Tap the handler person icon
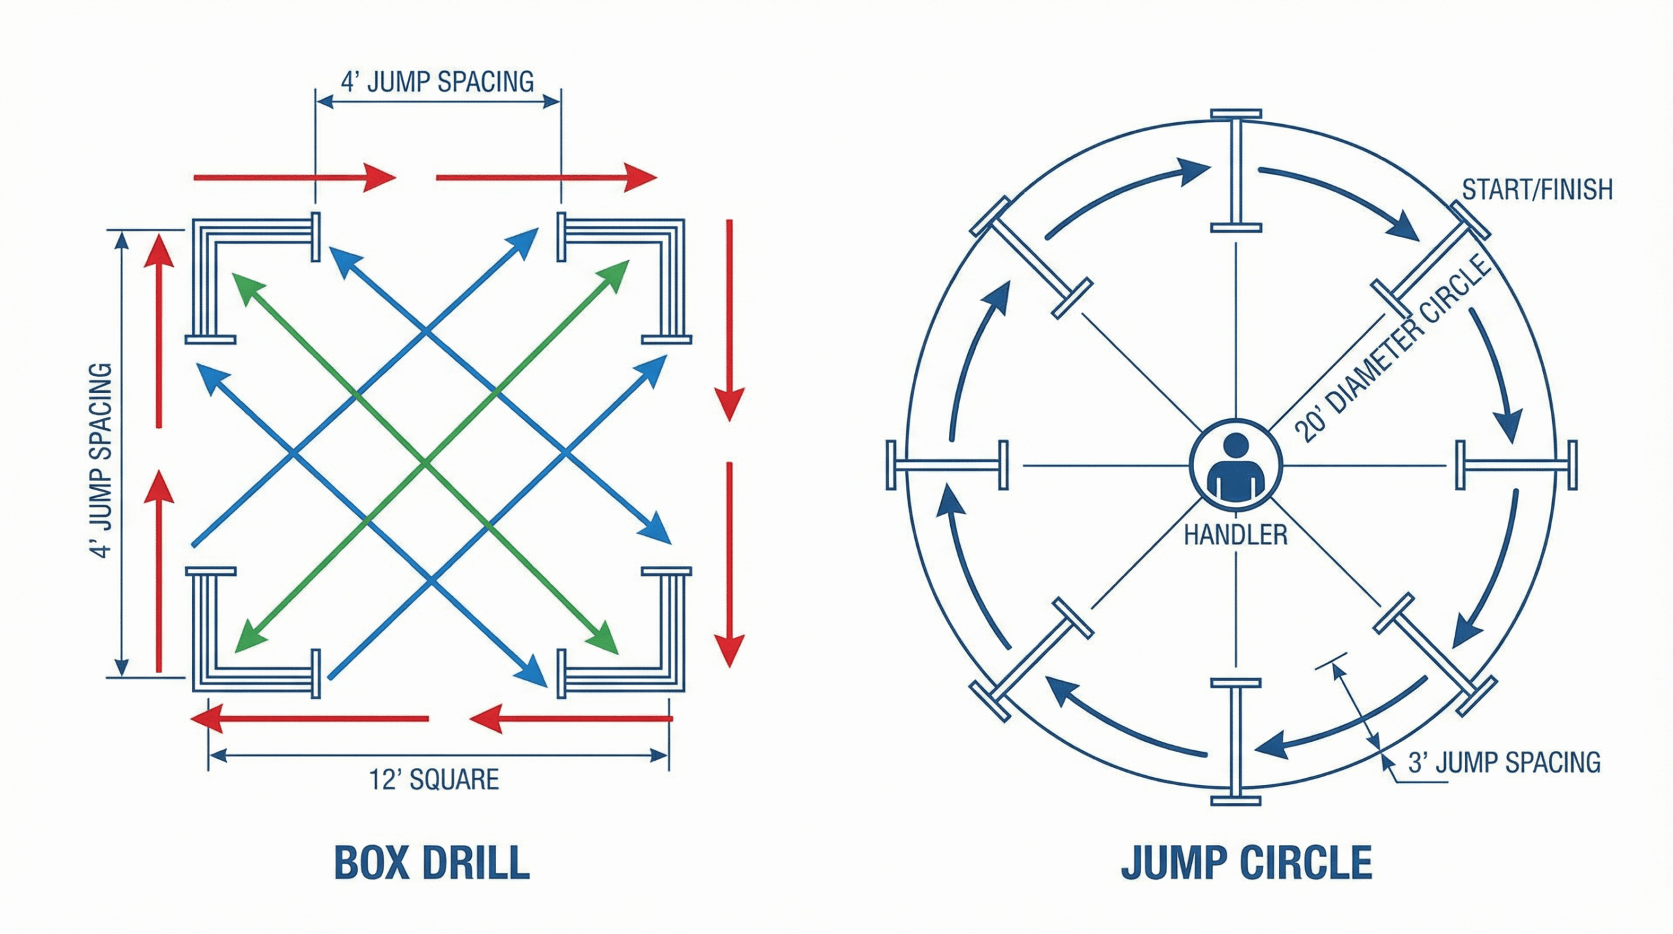1235,465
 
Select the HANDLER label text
1235,535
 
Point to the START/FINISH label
1537,190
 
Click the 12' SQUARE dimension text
434,780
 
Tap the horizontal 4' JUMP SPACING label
437,82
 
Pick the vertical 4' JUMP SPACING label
100,460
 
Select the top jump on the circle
1235,171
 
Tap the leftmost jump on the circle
947,465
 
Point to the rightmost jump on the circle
1516,465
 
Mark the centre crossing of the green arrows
426,463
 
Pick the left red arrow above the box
294,177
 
